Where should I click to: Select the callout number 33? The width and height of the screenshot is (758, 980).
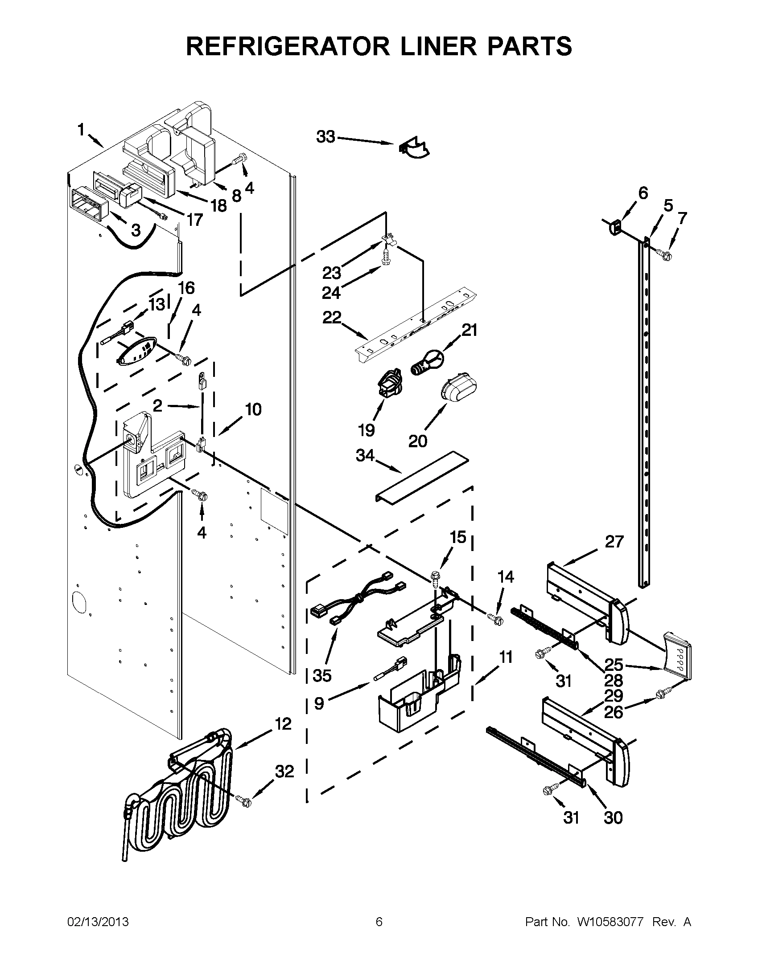[x=325, y=136]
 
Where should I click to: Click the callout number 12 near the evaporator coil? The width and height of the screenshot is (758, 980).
[x=283, y=724]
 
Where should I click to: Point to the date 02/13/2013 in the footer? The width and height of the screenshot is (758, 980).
[x=98, y=922]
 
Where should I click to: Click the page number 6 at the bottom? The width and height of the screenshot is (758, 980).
[x=379, y=922]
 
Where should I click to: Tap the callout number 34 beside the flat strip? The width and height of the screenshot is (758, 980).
[x=365, y=455]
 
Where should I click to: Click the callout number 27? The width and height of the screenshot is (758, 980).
[x=614, y=542]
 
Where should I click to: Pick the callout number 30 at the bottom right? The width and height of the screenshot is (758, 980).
[x=613, y=818]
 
